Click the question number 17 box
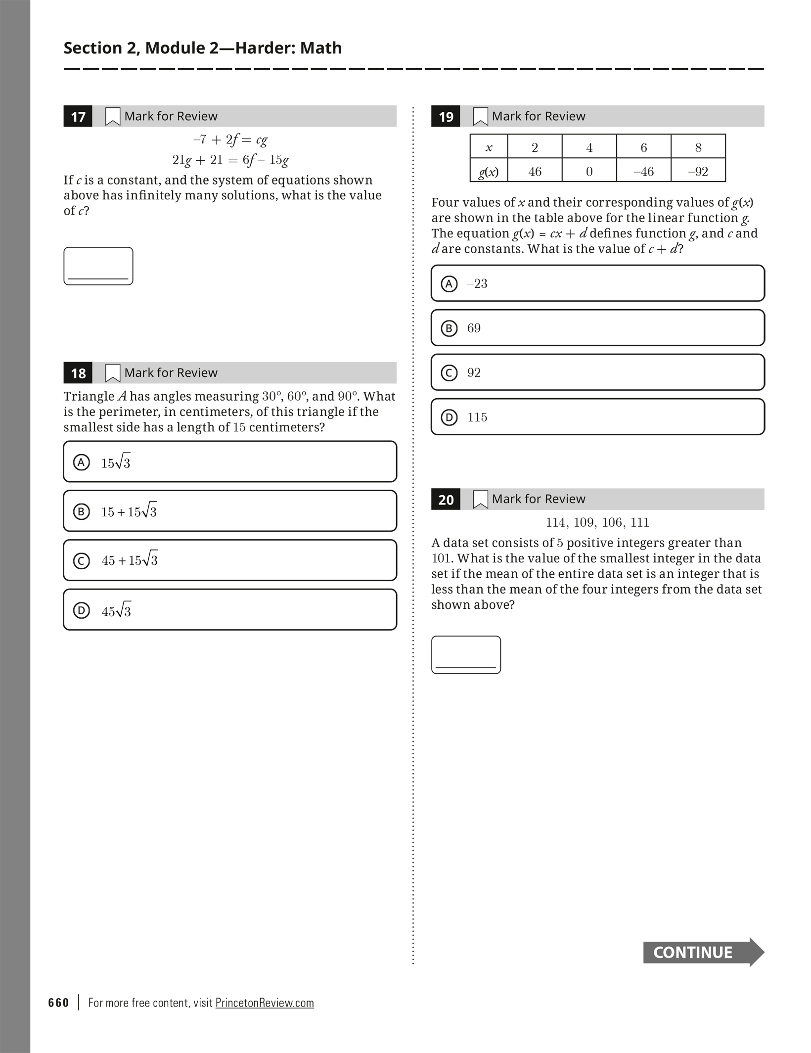click(x=78, y=117)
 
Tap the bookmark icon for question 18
click(x=113, y=373)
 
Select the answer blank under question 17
click(x=98, y=266)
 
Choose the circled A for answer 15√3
click(x=82, y=462)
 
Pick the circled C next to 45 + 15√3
click(x=82, y=561)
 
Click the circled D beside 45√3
click(x=82, y=611)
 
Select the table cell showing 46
click(x=535, y=171)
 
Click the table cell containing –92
click(x=698, y=171)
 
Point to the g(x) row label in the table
click(x=489, y=171)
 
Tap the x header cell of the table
click(x=489, y=147)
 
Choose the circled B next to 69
click(x=449, y=328)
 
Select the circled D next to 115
click(x=449, y=417)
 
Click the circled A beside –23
click(x=449, y=284)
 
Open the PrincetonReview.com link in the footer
click(x=265, y=1003)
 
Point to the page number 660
click(x=58, y=1003)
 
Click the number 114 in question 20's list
click(x=556, y=522)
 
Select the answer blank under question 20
click(x=466, y=655)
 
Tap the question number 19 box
click(x=446, y=117)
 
